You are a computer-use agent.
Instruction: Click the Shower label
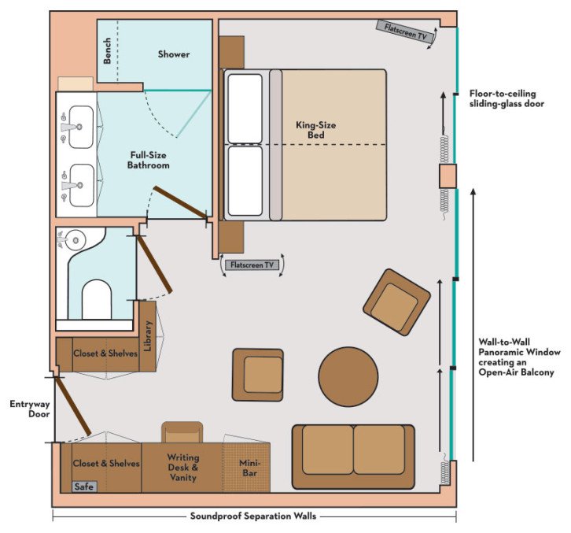[x=173, y=54]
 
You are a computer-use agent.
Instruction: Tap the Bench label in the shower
[x=107, y=51]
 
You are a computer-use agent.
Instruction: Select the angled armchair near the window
[x=396, y=302]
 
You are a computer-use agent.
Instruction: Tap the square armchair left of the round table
[x=257, y=375]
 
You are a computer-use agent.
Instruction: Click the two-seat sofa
[x=353, y=450]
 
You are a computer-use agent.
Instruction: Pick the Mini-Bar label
[x=246, y=468]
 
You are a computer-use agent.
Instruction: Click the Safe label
[x=83, y=487]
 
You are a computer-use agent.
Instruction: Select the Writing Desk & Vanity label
[x=182, y=468]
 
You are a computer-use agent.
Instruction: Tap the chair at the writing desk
[x=182, y=431]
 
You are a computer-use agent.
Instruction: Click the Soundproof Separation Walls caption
[x=254, y=517]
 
